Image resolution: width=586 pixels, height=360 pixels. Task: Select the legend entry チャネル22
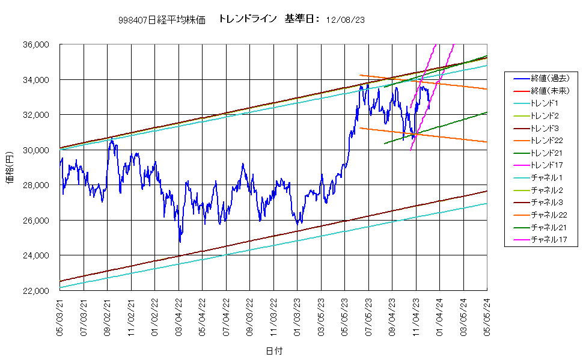click(x=549, y=215)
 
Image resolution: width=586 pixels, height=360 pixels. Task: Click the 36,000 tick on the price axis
click(x=36, y=44)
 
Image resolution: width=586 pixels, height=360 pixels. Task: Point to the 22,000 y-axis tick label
click(x=36, y=290)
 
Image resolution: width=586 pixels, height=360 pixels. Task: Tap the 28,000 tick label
click(x=36, y=185)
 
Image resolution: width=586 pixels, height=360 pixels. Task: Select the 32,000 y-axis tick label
click(x=36, y=115)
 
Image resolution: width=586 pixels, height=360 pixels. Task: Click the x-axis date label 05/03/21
click(x=60, y=317)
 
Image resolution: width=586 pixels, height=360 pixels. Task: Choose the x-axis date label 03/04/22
click(x=179, y=317)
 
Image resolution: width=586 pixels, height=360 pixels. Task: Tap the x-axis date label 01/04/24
click(x=439, y=317)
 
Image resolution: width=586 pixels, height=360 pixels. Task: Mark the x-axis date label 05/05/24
click(x=487, y=317)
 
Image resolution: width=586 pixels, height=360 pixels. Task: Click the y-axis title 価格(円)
click(x=10, y=168)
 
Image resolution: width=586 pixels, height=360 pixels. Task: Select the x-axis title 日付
click(x=274, y=350)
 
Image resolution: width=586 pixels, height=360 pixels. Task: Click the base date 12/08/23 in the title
click(x=346, y=20)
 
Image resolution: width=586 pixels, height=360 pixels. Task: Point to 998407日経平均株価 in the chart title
click(x=162, y=20)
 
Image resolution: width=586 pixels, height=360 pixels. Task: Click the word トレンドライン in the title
click(x=248, y=19)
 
